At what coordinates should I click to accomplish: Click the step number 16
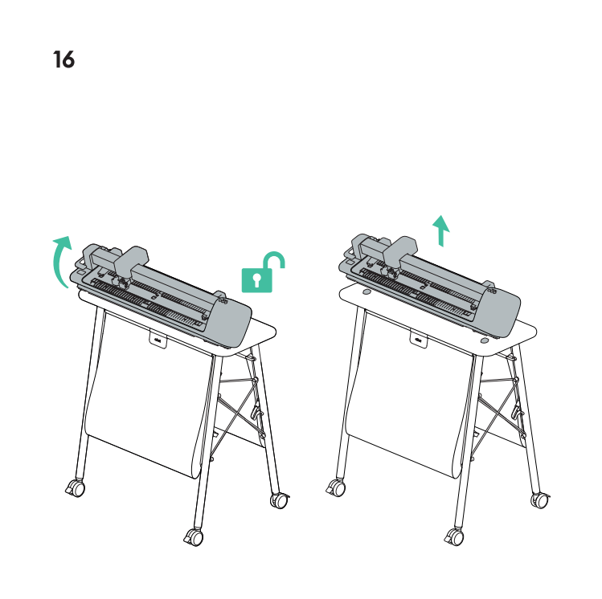tap(63, 59)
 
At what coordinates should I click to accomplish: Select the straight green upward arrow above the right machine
tap(441, 230)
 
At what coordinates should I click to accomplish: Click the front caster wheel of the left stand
tap(195, 537)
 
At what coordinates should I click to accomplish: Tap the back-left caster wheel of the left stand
tap(76, 487)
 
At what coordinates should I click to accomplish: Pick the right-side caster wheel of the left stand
tap(280, 500)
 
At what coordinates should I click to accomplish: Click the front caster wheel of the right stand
tap(455, 536)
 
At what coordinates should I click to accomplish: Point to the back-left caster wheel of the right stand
tap(336, 487)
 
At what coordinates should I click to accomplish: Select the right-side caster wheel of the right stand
tap(541, 500)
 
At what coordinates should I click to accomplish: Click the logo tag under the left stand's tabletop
tap(158, 340)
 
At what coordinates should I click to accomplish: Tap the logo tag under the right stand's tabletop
tap(419, 340)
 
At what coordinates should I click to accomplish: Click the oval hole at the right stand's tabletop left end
tap(367, 291)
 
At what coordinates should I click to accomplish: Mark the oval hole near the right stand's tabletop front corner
tap(485, 340)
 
